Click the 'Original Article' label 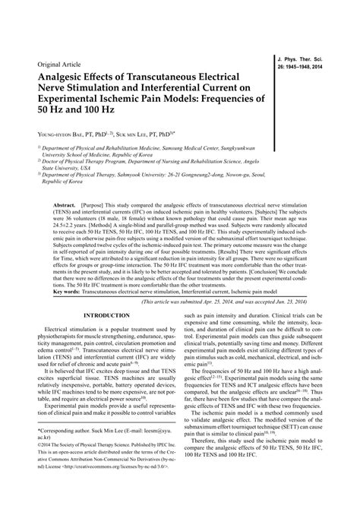click(x=54, y=64)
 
